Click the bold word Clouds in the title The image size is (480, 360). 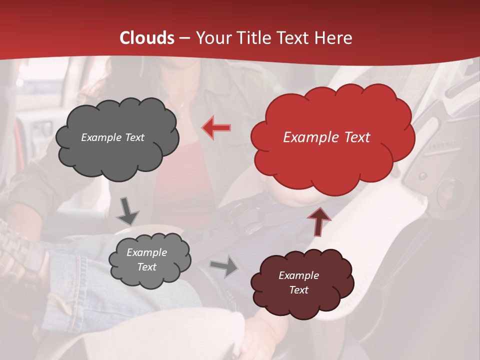[x=147, y=38]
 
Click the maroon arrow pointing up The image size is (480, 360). [x=318, y=220]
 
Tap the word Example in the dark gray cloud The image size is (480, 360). [x=101, y=137]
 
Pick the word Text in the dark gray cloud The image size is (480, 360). [x=133, y=137]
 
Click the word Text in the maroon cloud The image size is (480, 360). [x=298, y=290]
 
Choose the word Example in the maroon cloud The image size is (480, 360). [x=298, y=275]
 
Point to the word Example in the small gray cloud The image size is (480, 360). [x=146, y=252]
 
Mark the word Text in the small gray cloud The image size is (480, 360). [x=146, y=267]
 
